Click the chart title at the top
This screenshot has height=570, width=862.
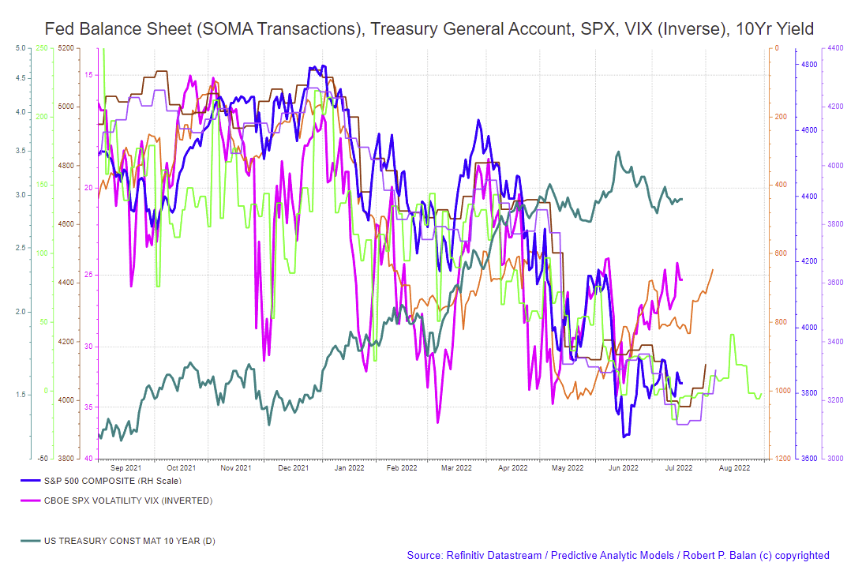pyautogui.click(x=429, y=29)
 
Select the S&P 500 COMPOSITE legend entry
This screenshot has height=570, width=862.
pyautogui.click(x=100, y=481)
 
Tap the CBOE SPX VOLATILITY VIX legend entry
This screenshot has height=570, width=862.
pyautogui.click(x=116, y=501)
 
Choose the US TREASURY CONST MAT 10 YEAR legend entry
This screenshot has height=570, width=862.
pyautogui.click(x=118, y=541)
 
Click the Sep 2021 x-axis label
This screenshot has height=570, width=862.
pyautogui.click(x=126, y=468)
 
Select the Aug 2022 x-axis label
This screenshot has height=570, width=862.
pyautogui.click(x=734, y=468)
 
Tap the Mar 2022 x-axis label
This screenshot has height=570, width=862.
pyautogui.click(x=457, y=468)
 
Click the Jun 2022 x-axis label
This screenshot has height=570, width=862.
pyautogui.click(x=624, y=468)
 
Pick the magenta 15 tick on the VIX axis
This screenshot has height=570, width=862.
pyautogui.click(x=89, y=75)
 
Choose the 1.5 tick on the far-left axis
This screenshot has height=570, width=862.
pyautogui.click(x=21, y=394)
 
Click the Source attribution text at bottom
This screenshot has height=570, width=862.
pyautogui.click(x=618, y=556)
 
